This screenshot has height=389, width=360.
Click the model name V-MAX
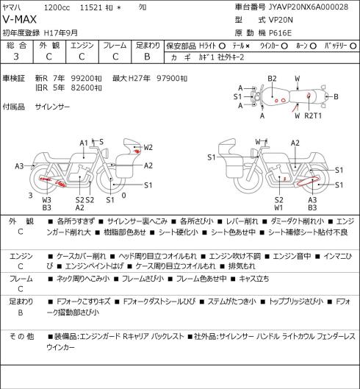point(20,20)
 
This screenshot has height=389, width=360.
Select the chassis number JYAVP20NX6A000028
point(309,7)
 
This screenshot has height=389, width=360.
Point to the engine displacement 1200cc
point(57,7)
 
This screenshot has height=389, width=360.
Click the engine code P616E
point(280,33)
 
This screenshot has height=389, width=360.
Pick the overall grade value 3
point(16,57)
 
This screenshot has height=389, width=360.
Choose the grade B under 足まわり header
point(147,57)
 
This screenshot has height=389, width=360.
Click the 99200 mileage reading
point(83,79)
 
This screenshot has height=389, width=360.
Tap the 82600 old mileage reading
point(83,88)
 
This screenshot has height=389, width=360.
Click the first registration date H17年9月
point(61,33)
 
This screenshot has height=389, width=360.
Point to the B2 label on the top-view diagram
point(272,79)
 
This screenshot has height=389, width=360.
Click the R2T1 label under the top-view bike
point(313,115)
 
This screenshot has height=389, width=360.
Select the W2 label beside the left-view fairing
point(148,147)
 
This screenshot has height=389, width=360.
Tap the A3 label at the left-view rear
point(19,166)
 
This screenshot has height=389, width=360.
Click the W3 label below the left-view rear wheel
point(46,200)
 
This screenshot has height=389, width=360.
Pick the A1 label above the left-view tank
point(84,143)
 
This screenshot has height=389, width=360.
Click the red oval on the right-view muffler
point(308,181)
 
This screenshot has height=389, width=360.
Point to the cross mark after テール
point(248,46)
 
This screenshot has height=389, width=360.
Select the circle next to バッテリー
point(353,46)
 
